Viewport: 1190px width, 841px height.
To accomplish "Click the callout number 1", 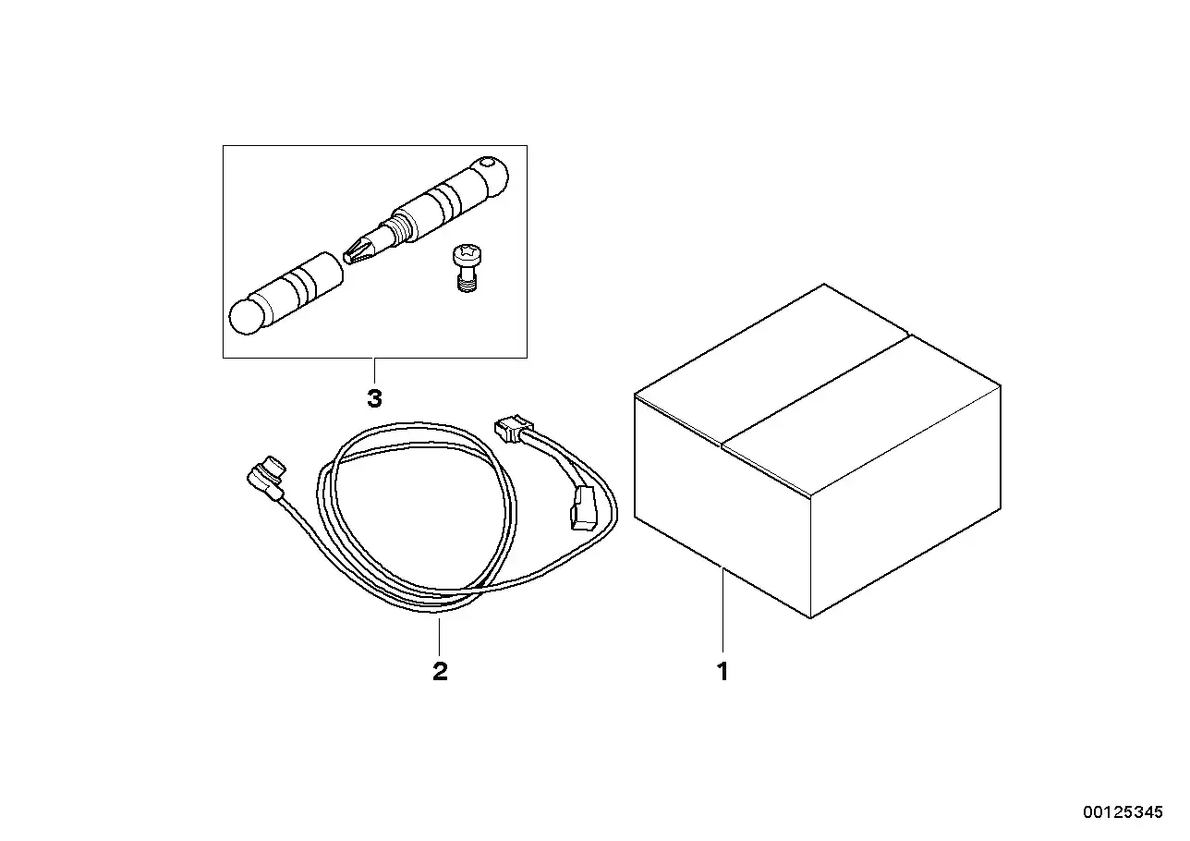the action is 722,672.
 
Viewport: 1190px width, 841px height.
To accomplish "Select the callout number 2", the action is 440,672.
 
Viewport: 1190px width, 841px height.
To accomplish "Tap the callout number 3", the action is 374,398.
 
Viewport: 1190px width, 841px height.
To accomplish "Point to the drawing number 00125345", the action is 1123,812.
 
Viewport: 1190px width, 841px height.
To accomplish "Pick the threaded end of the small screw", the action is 467,286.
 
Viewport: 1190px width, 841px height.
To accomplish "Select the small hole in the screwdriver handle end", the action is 487,161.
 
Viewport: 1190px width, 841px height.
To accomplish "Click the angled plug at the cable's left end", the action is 267,477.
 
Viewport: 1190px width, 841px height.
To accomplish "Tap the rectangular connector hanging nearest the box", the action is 582,507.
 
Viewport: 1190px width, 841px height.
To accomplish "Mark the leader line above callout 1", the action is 722,610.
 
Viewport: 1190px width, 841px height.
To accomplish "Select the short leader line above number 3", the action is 374,372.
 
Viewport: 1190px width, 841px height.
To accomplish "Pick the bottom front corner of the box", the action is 810,618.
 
